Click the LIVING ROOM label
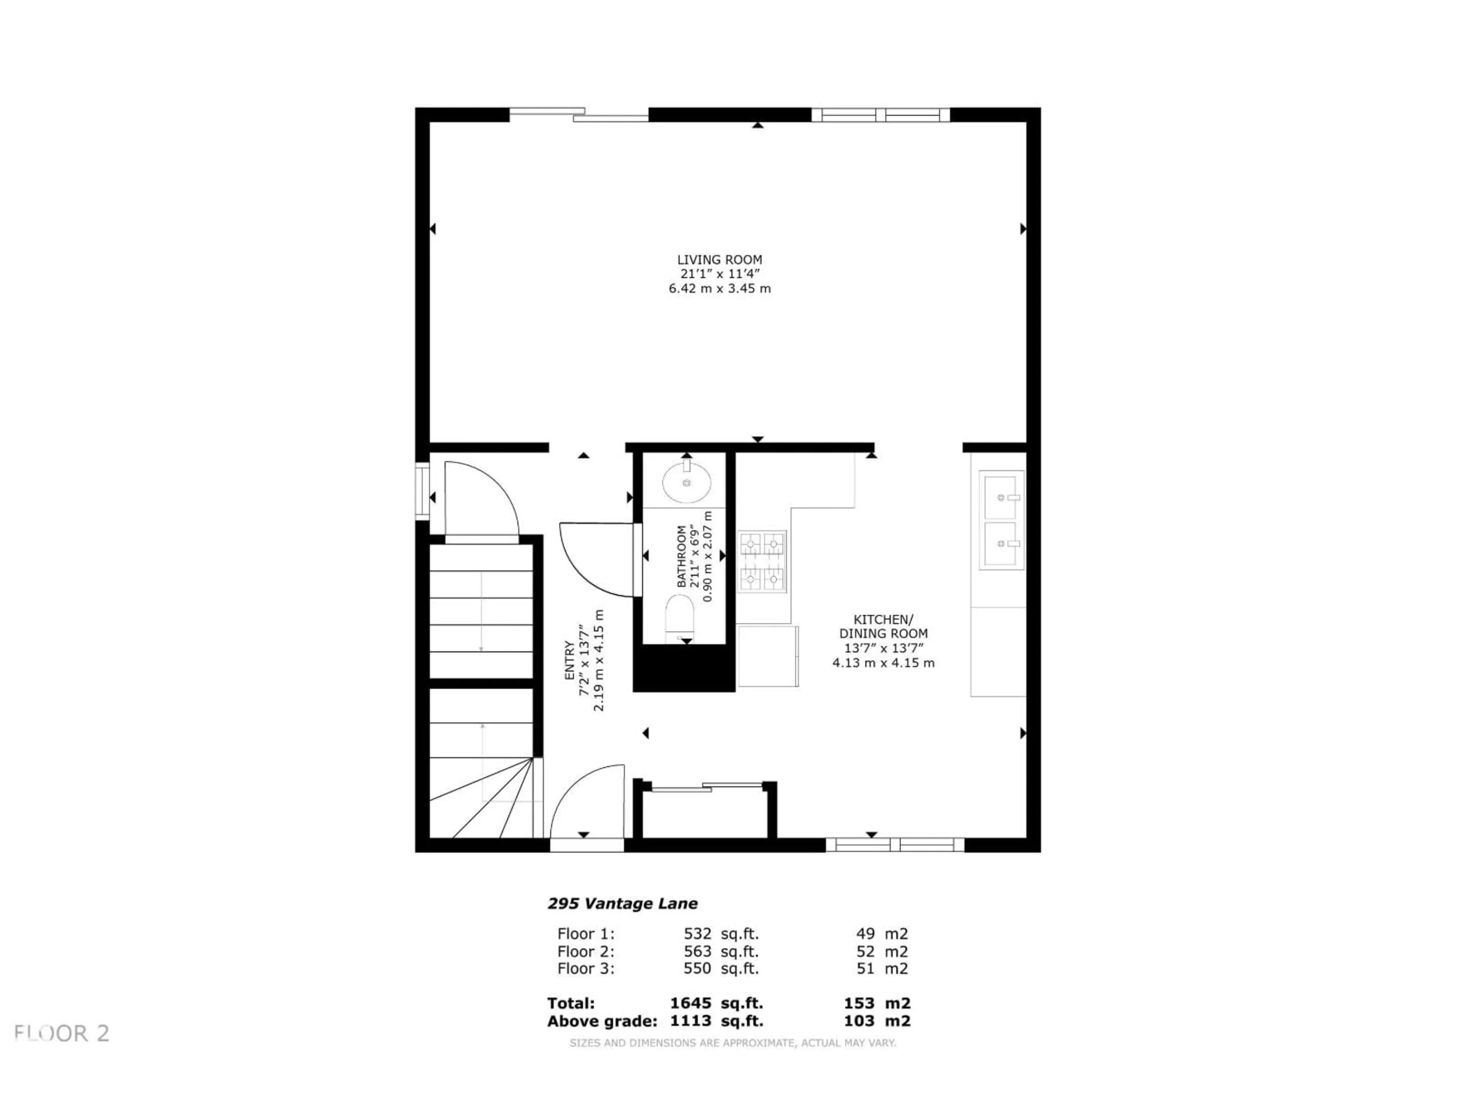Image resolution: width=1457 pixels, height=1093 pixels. click(x=719, y=260)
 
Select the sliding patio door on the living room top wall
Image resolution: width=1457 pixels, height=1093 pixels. click(x=578, y=115)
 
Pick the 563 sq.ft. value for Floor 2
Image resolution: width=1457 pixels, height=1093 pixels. click(x=721, y=951)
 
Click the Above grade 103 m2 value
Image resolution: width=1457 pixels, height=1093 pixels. click(x=877, y=1021)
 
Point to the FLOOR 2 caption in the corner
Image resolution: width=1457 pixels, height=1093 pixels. click(x=62, y=1033)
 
